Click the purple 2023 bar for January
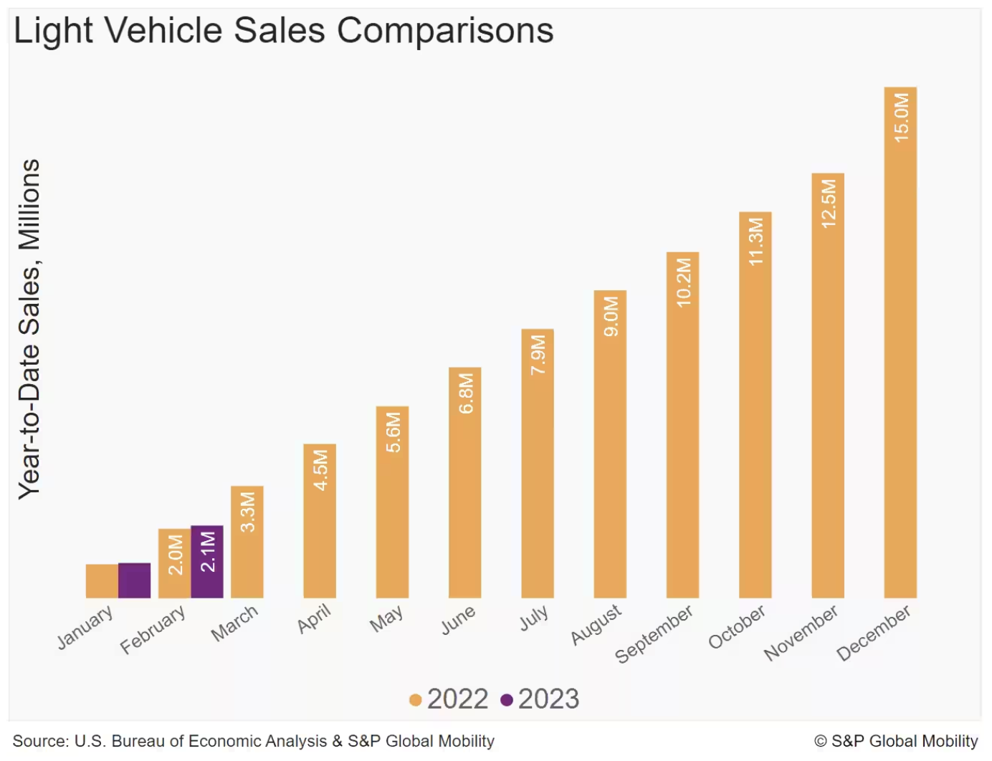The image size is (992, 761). (134, 580)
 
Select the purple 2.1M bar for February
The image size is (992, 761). (207, 562)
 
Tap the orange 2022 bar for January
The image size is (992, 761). (102, 581)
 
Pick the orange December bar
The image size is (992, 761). (900, 358)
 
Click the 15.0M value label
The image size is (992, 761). (901, 117)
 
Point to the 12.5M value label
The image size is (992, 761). (829, 204)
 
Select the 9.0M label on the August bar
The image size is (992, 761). (611, 316)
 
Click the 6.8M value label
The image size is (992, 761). (466, 393)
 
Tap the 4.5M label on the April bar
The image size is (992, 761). (320, 470)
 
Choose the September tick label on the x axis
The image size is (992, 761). (654, 633)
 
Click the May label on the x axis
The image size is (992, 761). (386, 618)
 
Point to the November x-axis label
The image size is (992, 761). (800, 632)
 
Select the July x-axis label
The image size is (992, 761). (534, 618)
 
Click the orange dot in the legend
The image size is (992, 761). (415, 700)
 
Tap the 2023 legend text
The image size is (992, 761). (548, 699)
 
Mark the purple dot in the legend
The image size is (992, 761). (507, 700)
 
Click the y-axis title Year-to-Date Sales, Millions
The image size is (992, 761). (29, 329)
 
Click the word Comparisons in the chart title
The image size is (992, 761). (445, 31)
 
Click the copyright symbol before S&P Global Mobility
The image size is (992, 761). (821, 742)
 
